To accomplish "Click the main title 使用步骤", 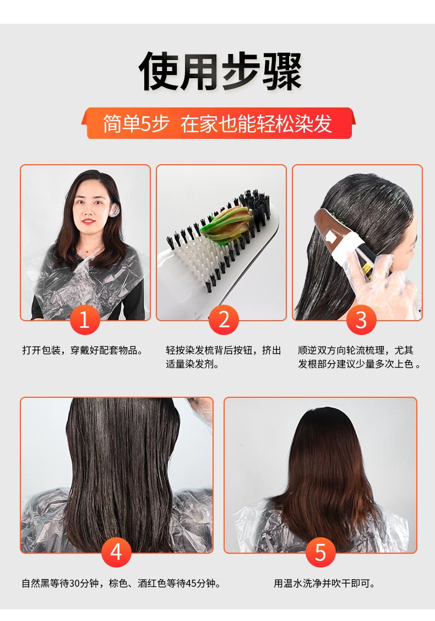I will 220,72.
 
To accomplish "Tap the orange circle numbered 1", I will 85,320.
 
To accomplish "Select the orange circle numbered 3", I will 362,320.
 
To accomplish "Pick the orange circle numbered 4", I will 116,552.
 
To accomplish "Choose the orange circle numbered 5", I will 320,552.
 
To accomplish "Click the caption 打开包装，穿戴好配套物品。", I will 82,350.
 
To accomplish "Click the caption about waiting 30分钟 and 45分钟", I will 121,583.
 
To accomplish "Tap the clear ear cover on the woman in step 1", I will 115,210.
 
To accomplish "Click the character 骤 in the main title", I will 281,72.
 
